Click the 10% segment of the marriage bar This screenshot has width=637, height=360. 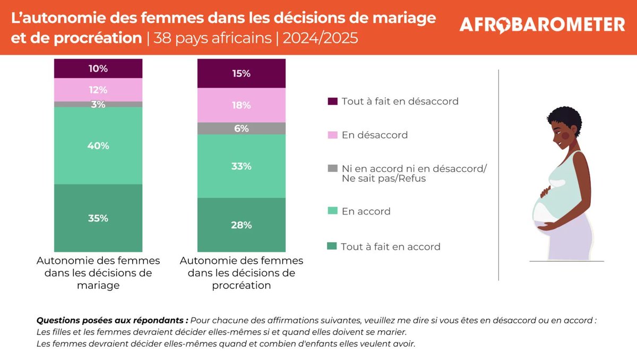click(98, 68)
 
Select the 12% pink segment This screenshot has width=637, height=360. click(98, 90)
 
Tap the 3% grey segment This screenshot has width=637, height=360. click(98, 105)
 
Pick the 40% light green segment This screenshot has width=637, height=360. click(98, 145)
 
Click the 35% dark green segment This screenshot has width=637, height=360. click(98, 218)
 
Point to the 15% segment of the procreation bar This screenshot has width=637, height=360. click(241, 73)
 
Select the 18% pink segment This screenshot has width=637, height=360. click(241, 105)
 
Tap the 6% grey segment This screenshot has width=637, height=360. click(241, 128)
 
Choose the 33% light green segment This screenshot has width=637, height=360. click(241, 166)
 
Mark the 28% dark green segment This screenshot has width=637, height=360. click(241, 225)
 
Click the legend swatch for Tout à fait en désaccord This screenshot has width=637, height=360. click(333, 101)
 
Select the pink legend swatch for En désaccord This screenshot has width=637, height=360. click(333, 135)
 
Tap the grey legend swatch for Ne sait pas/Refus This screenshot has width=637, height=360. click(333, 169)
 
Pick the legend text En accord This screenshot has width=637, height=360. click(366, 211)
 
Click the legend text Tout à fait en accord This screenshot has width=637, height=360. click(391, 246)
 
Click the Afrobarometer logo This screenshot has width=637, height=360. click(541, 24)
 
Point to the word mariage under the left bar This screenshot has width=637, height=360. click(98, 285)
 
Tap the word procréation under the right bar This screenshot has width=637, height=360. click(242, 285)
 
